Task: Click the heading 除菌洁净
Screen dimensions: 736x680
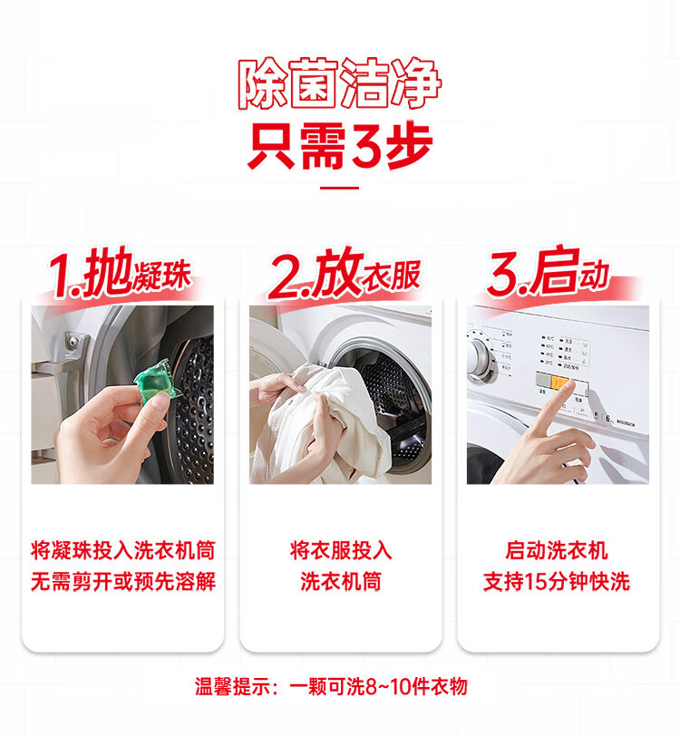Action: (340, 85)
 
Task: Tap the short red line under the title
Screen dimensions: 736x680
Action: (340, 189)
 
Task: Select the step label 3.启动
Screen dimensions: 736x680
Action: (548, 274)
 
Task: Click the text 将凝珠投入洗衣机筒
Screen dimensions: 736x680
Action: (122, 550)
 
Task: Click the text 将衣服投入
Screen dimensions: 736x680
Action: (340, 550)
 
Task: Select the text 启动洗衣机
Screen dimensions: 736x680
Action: (557, 550)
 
